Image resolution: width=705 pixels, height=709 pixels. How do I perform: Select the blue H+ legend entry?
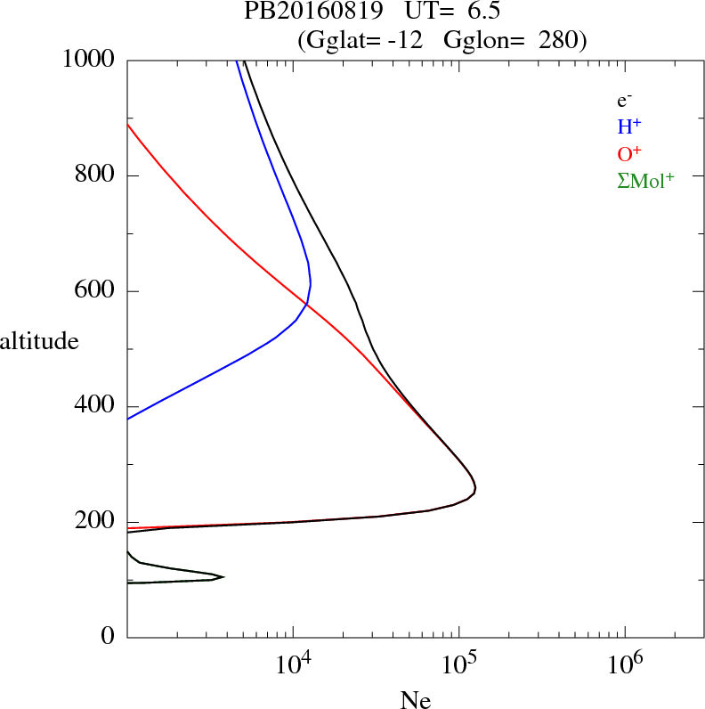tap(629, 127)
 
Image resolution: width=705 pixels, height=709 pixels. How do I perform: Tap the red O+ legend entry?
tap(629, 154)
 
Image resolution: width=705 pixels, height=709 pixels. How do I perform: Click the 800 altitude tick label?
tap(96, 175)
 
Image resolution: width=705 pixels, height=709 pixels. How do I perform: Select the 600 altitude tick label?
tap(96, 291)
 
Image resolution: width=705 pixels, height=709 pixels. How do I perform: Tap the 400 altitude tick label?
tap(96, 406)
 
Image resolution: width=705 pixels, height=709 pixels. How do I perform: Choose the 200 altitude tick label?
tap(96, 522)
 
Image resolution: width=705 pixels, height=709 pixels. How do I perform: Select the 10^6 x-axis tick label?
tap(624, 662)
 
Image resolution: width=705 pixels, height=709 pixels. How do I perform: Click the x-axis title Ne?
tap(416, 699)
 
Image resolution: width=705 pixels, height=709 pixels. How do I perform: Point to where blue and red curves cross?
tap(306, 305)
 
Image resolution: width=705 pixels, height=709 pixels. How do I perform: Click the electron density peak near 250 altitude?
tap(475, 488)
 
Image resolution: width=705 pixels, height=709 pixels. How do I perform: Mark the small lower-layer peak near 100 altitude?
tap(223, 576)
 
